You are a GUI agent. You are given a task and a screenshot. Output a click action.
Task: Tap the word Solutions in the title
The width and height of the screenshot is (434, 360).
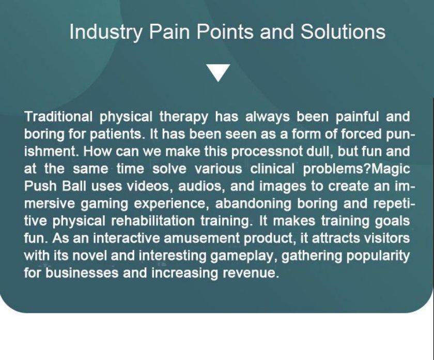tap(343, 32)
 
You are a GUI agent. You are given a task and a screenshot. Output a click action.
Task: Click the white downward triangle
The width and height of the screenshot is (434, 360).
tap(219, 72)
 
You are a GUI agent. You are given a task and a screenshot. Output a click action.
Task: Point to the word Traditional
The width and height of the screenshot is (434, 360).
tap(58, 116)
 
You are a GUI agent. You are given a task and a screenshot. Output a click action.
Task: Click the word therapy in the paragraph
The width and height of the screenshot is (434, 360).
tap(183, 117)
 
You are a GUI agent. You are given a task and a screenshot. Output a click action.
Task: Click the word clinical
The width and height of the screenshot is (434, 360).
tap(272, 169)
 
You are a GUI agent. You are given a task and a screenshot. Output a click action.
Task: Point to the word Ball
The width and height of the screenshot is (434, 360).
tap(74, 186)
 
